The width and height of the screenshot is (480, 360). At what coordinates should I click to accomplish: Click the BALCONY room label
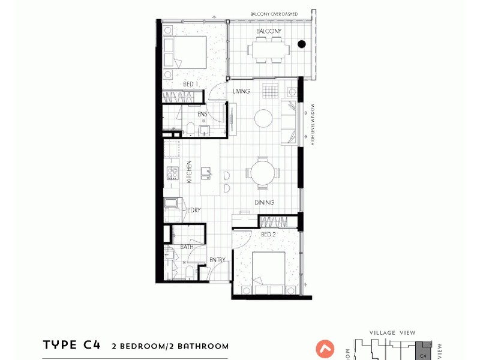coord(269,31)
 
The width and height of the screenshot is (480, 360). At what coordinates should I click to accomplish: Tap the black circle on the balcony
coord(302,43)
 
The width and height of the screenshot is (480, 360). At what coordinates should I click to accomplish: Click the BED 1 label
coord(191,85)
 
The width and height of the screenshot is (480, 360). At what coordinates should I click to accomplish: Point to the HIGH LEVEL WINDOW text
coord(313,124)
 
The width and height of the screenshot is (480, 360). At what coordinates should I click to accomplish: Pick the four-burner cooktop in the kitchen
coord(173,173)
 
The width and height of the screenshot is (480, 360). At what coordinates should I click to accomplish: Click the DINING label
coord(264,203)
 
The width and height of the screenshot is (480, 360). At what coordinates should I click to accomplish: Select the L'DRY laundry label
coord(194,210)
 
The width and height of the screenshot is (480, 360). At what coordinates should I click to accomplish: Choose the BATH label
coord(187,247)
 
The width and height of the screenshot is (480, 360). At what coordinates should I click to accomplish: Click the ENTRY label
coord(217,260)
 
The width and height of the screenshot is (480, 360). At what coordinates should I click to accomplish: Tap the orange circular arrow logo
coord(326,349)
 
